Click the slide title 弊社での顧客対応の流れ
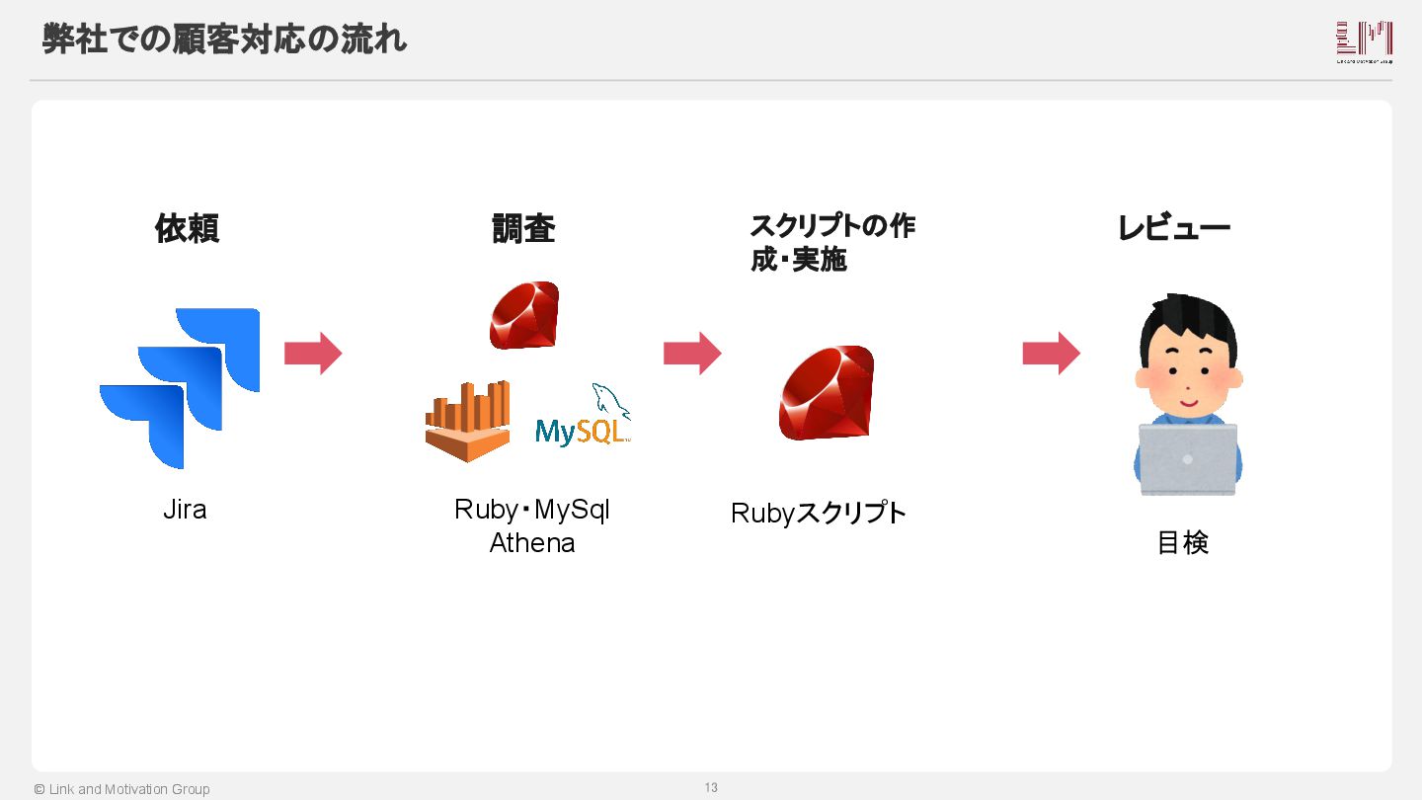(x=224, y=40)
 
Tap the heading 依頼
(x=187, y=229)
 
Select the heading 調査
(x=523, y=229)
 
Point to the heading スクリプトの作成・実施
(x=831, y=243)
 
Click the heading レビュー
(x=1173, y=229)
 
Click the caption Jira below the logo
(x=185, y=510)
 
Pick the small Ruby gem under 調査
(x=524, y=315)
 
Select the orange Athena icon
(x=468, y=422)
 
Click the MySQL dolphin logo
(x=583, y=417)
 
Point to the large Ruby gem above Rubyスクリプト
(x=827, y=393)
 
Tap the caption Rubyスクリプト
(x=819, y=514)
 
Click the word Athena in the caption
(x=532, y=543)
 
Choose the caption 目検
(x=1182, y=543)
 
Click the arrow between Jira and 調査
(x=313, y=354)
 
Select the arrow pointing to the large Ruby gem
(x=692, y=354)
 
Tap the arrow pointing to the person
(x=1051, y=354)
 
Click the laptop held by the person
(x=1187, y=459)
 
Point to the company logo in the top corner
(x=1364, y=41)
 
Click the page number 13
(x=711, y=787)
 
